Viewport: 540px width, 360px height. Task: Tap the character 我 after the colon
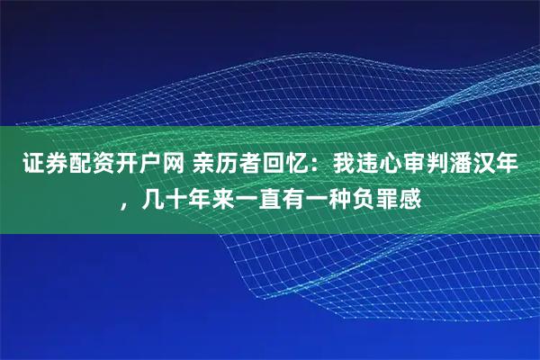pos(344,165)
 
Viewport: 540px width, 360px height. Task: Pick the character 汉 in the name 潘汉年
pos(484,165)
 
